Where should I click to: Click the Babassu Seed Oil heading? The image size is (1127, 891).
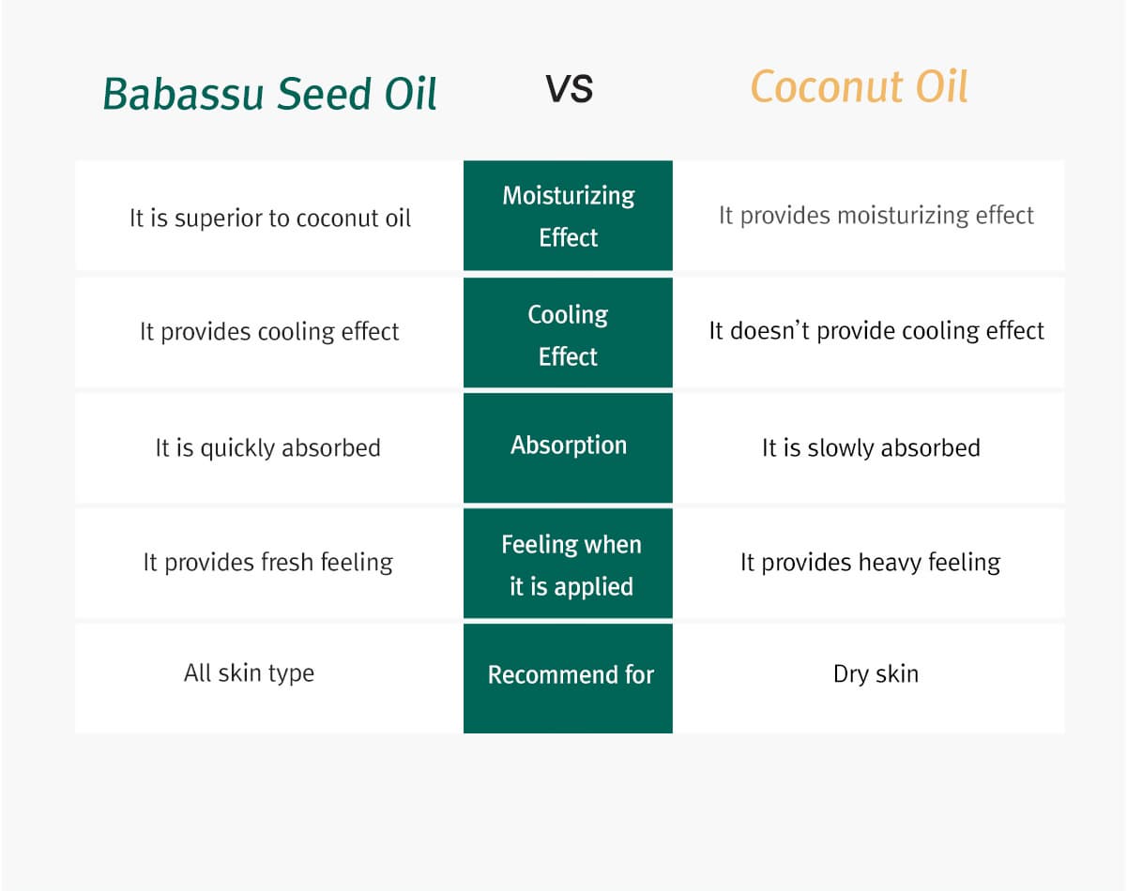269,94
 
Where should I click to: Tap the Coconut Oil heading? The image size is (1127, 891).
859,86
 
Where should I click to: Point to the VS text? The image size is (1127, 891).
570,88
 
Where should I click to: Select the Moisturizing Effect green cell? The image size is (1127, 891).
569,216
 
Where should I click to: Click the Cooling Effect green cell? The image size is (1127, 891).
569,333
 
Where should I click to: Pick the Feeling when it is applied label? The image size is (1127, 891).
571,566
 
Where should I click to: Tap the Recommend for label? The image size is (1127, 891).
571,674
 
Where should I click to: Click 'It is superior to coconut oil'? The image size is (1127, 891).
270,219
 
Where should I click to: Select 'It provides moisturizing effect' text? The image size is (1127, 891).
876,216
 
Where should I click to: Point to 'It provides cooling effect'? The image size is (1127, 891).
269,332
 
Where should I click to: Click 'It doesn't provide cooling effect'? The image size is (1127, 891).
876,331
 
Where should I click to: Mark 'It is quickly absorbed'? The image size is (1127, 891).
268,448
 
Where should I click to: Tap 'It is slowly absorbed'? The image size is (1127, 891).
871,448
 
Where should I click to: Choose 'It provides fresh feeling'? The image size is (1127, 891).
268,563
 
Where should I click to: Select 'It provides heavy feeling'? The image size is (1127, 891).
871,563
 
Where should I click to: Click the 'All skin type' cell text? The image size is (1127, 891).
249,673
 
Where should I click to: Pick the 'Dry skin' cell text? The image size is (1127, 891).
876,674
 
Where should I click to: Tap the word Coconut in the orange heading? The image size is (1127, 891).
827,87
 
